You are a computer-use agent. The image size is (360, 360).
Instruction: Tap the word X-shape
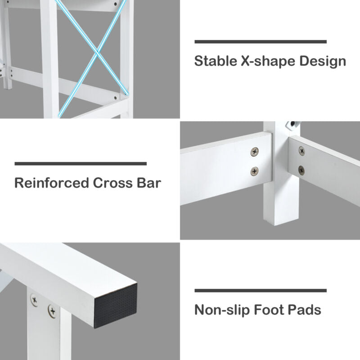click(x=268, y=62)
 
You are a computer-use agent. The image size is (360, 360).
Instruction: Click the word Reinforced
click(x=52, y=183)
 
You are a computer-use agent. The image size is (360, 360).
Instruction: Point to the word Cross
click(x=113, y=183)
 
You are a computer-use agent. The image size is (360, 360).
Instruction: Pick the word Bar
click(x=149, y=183)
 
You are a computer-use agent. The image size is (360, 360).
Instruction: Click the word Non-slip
click(x=222, y=310)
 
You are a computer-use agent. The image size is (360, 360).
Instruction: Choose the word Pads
click(x=304, y=310)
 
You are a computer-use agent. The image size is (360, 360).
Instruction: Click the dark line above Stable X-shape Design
click(x=261, y=41)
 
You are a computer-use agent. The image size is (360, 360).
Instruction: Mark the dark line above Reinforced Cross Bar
click(x=81, y=164)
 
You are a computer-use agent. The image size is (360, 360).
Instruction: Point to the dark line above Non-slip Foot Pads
click(x=261, y=290)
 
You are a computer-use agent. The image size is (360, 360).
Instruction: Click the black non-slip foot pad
click(x=116, y=306)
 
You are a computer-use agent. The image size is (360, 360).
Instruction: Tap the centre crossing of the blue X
click(x=97, y=53)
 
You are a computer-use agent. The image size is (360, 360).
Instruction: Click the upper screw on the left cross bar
click(x=254, y=152)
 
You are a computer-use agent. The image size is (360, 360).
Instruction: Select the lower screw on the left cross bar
click(x=254, y=171)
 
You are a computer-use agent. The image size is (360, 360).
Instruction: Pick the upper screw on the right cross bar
click(x=302, y=151)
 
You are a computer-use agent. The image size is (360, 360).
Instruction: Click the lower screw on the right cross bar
click(x=301, y=170)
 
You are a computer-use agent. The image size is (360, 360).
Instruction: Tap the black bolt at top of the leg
click(x=292, y=124)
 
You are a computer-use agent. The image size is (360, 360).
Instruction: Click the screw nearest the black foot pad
click(x=52, y=311)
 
